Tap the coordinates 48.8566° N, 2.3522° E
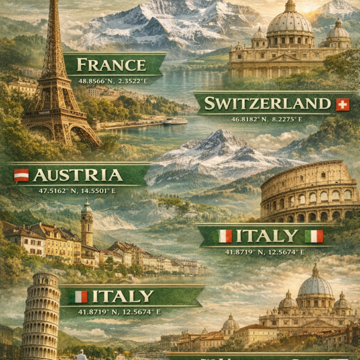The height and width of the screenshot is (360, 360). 112,79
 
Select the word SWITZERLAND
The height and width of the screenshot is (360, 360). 267,103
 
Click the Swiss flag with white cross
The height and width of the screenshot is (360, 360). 343,104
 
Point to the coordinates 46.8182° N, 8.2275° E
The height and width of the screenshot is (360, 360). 267,119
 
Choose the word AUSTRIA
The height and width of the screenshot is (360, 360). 78,175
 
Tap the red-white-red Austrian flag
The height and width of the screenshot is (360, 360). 21,175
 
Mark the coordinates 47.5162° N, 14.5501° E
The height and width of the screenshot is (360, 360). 78,190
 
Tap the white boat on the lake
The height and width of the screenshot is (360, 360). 175,121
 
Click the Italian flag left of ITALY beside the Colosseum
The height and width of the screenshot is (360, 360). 225,236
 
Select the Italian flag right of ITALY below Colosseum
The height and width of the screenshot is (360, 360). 314,236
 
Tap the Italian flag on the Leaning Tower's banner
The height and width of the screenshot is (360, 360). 80,296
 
